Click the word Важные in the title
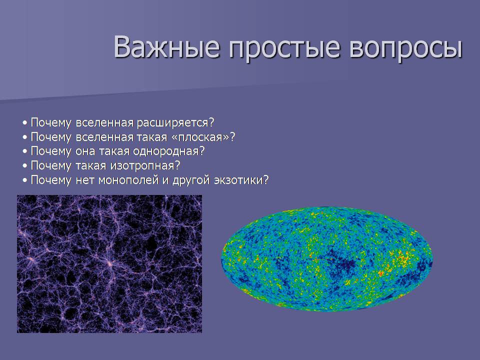(167, 47)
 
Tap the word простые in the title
(284, 49)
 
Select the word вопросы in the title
(406, 49)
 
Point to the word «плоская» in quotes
(200, 137)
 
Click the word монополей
(128, 180)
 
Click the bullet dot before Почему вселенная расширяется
(25, 123)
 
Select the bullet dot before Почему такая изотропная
(25, 166)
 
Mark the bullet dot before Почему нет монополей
(25, 180)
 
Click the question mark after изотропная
(177, 165)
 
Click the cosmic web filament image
(109, 264)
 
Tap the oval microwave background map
(327, 259)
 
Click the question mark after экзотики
(265, 179)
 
